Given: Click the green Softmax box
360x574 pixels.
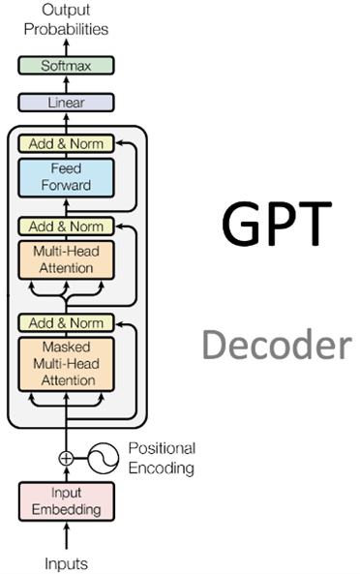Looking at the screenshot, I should [x=66, y=66].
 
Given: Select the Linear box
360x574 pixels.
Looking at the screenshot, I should [x=66, y=103].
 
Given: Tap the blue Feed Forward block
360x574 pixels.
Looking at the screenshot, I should [x=66, y=177].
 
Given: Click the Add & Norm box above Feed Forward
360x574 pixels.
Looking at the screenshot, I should [x=66, y=143].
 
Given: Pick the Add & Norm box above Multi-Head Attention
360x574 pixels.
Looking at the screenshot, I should [x=66, y=226].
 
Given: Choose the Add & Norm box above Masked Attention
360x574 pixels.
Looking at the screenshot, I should [x=66, y=322].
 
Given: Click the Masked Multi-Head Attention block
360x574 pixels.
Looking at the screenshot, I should [x=66, y=363].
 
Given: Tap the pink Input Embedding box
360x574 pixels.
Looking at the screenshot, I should [x=66, y=500].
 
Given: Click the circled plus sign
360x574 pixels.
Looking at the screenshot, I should [x=66, y=458].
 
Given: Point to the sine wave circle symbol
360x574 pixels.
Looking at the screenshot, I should [x=105, y=458].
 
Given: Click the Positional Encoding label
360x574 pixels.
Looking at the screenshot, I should [x=161, y=458].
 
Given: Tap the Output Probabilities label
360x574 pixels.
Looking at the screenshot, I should [x=66, y=19].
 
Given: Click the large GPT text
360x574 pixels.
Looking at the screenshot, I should [x=277, y=225].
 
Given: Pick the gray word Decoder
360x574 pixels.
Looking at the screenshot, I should [x=277, y=346].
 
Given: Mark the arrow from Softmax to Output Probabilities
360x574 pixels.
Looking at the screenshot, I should [x=66, y=46].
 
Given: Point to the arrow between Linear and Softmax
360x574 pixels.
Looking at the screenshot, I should [x=66, y=84].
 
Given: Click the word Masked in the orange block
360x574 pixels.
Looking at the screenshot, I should [x=66, y=347].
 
